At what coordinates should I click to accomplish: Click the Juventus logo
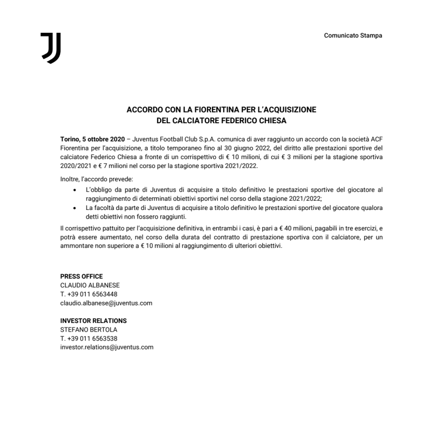click(51, 48)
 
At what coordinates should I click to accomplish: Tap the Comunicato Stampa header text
click(353, 35)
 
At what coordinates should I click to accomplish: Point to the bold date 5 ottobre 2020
click(100, 139)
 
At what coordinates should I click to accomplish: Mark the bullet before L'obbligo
click(75, 190)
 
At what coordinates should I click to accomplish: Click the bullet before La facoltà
click(75, 207)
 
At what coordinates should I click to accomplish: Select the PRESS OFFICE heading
click(82, 276)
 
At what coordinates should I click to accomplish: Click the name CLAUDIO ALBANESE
click(90, 285)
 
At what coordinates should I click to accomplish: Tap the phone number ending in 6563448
click(89, 294)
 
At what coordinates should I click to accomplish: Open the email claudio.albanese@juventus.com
click(106, 303)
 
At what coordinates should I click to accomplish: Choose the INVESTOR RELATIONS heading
click(93, 321)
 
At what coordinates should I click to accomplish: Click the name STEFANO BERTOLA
click(89, 330)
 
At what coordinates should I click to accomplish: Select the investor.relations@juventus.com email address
click(107, 347)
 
